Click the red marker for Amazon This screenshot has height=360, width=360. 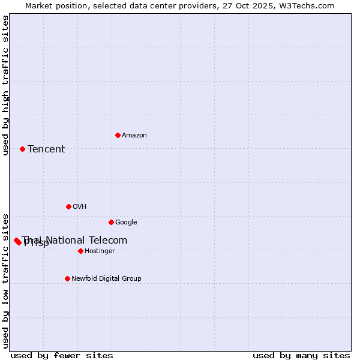[118, 135]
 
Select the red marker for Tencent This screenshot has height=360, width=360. [22, 149]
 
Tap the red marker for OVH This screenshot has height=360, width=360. [68, 206]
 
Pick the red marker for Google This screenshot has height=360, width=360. [111, 222]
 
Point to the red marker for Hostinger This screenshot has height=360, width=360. [80, 251]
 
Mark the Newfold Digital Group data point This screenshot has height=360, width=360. [67, 278]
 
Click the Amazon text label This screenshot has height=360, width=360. [134, 136]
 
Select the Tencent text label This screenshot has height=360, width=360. [46, 149]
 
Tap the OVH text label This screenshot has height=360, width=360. [80, 207]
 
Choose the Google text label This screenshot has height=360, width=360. [126, 223]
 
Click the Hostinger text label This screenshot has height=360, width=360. [100, 251]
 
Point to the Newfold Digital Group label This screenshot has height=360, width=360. [106, 279]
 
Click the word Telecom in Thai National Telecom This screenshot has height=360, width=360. [109, 241]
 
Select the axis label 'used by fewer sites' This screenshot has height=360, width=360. [62, 356]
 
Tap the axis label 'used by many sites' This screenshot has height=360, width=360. [301, 356]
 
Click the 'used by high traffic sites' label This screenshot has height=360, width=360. [6, 85]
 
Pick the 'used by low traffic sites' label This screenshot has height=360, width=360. [6, 280]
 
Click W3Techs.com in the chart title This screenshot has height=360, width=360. [310, 6]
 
